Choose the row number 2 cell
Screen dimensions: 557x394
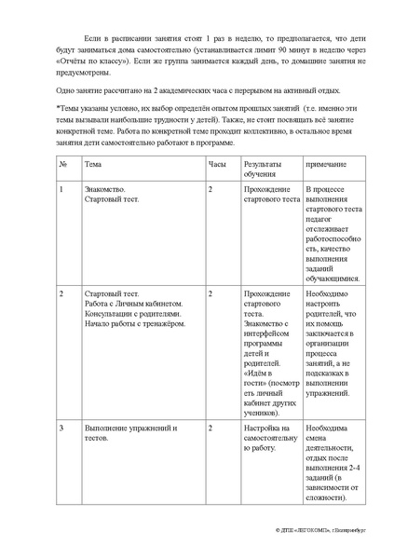coord(61,293)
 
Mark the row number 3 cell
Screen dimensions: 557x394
coord(61,428)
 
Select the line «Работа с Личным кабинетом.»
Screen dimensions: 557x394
coord(129,304)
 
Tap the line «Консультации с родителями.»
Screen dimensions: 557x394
coord(129,314)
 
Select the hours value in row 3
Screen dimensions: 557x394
coord(211,428)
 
